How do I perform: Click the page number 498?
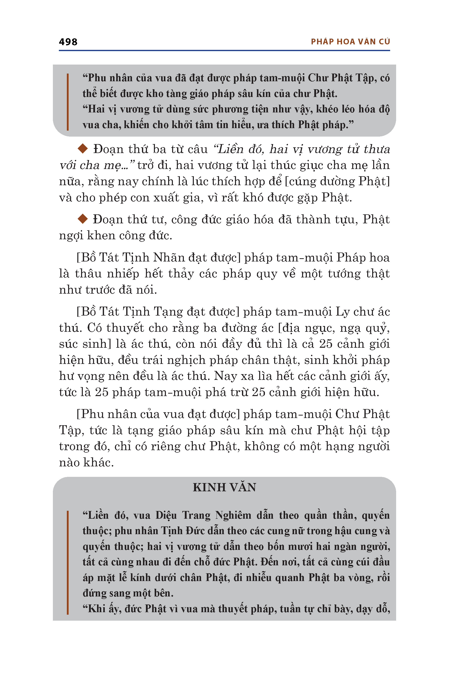[68, 42]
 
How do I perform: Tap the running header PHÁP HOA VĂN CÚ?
[350, 42]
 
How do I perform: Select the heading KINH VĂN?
[224, 487]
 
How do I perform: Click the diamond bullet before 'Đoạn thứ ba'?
[83, 149]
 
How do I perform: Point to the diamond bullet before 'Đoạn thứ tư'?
[83, 219]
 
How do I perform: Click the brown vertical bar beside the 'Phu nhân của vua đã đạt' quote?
[68, 102]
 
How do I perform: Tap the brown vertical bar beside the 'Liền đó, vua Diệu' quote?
[68, 562]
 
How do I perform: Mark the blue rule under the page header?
[224, 51]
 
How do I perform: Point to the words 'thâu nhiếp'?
[107, 274]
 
